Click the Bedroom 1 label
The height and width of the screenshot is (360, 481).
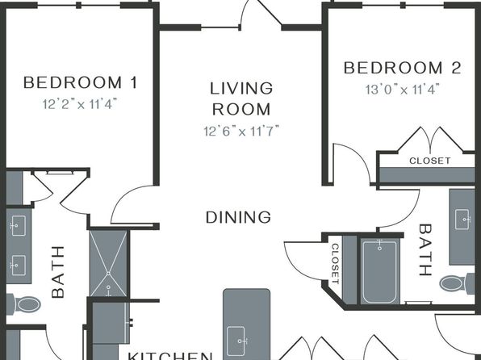click(81, 82)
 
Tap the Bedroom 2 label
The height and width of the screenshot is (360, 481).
click(403, 68)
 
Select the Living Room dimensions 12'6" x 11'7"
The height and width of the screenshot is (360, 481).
click(241, 131)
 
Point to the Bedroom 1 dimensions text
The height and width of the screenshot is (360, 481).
click(80, 104)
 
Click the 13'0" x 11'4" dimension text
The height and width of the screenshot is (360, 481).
click(403, 90)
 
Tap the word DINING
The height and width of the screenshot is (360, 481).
click(238, 217)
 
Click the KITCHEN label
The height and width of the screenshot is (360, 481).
click(170, 356)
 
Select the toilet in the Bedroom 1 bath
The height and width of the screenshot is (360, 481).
click(24, 304)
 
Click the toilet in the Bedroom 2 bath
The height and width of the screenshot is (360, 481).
click(457, 283)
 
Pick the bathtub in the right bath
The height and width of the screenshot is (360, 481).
click(380, 271)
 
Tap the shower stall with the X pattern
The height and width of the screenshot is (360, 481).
click(108, 263)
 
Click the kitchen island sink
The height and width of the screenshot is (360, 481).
click(236, 341)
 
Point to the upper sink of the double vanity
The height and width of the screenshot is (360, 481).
click(18, 225)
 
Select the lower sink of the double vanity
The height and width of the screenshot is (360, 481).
click(18, 266)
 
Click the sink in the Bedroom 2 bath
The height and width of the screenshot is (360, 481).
click(462, 219)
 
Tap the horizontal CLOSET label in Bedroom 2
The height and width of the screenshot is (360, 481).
click(430, 161)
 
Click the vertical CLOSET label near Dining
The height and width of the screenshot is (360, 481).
click(335, 264)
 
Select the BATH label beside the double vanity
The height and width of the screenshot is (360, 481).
click(58, 272)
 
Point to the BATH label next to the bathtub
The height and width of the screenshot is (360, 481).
click(425, 250)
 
